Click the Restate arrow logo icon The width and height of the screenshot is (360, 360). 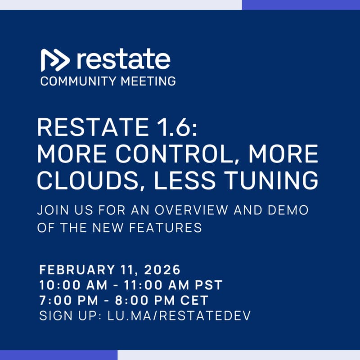(x=55, y=60)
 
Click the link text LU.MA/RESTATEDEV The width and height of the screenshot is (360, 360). (x=179, y=315)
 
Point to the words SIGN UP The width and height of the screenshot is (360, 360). (x=68, y=315)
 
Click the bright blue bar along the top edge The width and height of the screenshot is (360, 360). (x=301, y=4)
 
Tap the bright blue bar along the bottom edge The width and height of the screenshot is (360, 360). (x=58, y=355)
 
